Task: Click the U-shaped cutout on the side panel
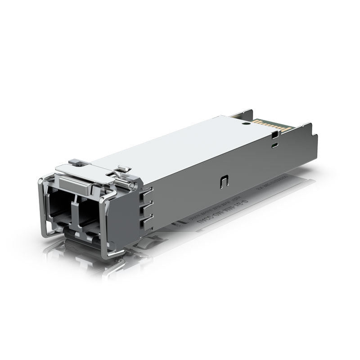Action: (224, 181)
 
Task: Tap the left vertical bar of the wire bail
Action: (40, 207)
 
